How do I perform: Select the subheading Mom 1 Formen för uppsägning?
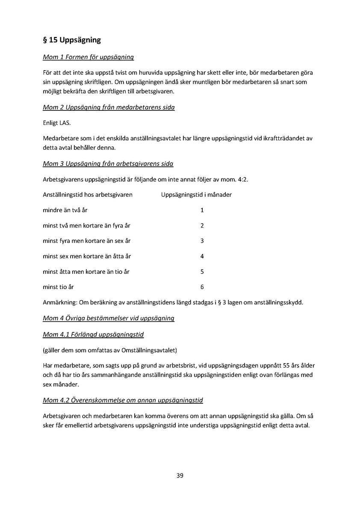coord(89,57)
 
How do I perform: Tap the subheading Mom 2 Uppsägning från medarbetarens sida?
coord(109,107)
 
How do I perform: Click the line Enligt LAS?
coord(56,123)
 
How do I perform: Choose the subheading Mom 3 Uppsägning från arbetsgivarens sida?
coord(108,164)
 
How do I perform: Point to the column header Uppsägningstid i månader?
coord(196,195)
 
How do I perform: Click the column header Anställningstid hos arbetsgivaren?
coord(88,195)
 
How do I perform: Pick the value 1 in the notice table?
coord(202,210)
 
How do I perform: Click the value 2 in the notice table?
coord(202,225)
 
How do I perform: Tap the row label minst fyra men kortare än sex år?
coord(86,241)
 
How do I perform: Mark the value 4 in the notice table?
coord(202,256)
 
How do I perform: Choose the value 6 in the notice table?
coord(202,287)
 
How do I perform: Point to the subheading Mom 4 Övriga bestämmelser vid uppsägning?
coord(109,318)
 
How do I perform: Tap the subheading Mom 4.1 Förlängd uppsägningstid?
coord(93,334)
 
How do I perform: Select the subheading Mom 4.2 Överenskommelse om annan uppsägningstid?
coord(123,400)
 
